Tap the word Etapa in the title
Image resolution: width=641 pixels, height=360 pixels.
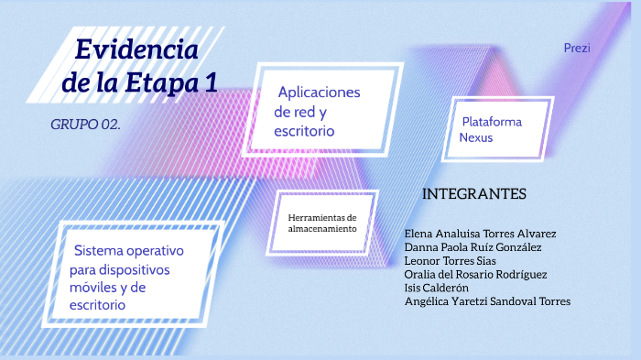(x=161, y=82)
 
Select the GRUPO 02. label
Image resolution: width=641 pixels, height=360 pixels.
(x=85, y=124)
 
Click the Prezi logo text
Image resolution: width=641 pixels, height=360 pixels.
(x=577, y=47)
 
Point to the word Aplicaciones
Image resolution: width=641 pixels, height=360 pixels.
(x=320, y=93)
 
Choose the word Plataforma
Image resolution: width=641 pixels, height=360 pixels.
(x=492, y=121)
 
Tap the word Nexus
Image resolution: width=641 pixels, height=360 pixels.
(x=477, y=137)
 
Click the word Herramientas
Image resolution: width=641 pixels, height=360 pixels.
(x=322, y=217)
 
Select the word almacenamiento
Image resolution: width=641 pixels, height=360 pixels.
(x=322, y=228)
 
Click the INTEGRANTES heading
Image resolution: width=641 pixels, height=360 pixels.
(x=474, y=194)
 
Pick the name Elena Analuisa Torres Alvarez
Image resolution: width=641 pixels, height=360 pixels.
(x=480, y=234)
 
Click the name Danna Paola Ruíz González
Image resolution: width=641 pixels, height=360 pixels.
(x=473, y=247)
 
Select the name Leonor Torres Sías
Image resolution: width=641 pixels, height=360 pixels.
(x=450, y=261)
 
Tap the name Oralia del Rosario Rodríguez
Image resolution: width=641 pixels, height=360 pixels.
(x=475, y=274)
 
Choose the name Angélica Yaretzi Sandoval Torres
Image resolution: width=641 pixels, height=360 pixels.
(x=487, y=301)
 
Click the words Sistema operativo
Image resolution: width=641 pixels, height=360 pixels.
(x=129, y=250)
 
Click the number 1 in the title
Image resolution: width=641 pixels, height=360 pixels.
(x=210, y=82)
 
